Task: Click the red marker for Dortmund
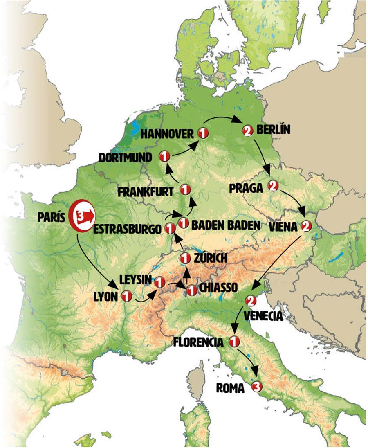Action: [x=164, y=156]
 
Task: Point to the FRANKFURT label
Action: [x=146, y=191]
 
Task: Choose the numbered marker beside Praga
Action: [x=273, y=187]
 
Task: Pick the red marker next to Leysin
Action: [x=159, y=282]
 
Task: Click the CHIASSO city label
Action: [x=218, y=288]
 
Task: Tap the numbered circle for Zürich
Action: [x=185, y=258]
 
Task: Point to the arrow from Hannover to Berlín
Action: [x=223, y=118]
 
